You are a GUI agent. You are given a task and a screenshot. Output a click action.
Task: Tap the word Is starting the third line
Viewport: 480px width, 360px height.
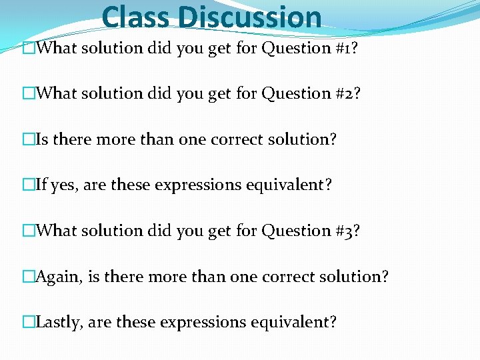click(42, 139)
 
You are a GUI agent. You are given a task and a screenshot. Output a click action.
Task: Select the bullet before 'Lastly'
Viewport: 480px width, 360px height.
click(28, 322)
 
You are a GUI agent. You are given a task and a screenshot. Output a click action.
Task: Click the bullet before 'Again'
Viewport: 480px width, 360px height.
click(28, 276)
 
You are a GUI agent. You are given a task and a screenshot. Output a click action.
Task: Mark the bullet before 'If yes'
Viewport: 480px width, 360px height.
click(28, 185)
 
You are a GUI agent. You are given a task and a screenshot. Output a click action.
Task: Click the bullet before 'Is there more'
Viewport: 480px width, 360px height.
click(28, 139)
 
